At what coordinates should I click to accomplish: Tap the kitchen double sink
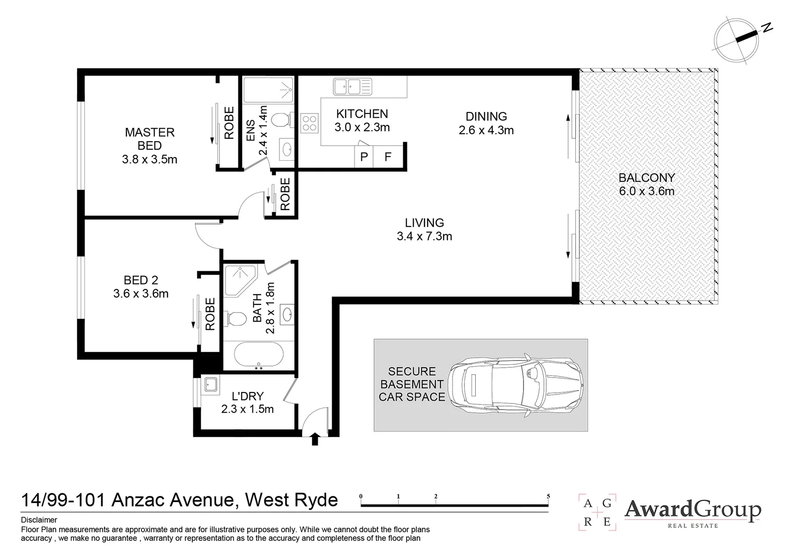pyautogui.click(x=353, y=86)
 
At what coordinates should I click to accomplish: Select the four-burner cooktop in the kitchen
pyautogui.click(x=309, y=123)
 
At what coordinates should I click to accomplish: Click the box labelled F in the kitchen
pyautogui.click(x=388, y=157)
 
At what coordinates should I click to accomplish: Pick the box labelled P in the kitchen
pyautogui.click(x=364, y=157)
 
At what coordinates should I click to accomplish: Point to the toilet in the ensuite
pyautogui.click(x=281, y=120)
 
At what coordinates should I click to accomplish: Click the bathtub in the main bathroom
pyautogui.click(x=259, y=355)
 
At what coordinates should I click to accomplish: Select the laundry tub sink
pyautogui.click(x=210, y=384)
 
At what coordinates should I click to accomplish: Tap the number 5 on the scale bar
pyautogui.click(x=548, y=496)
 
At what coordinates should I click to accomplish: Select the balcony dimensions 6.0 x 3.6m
pyautogui.click(x=646, y=191)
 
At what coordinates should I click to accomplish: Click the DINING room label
pyautogui.click(x=486, y=117)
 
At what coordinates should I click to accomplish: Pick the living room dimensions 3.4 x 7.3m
pyautogui.click(x=424, y=236)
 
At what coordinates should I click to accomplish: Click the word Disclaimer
pyautogui.click(x=39, y=520)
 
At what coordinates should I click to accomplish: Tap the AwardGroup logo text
pyautogui.click(x=692, y=510)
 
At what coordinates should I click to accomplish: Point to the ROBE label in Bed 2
pyautogui.click(x=210, y=314)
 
